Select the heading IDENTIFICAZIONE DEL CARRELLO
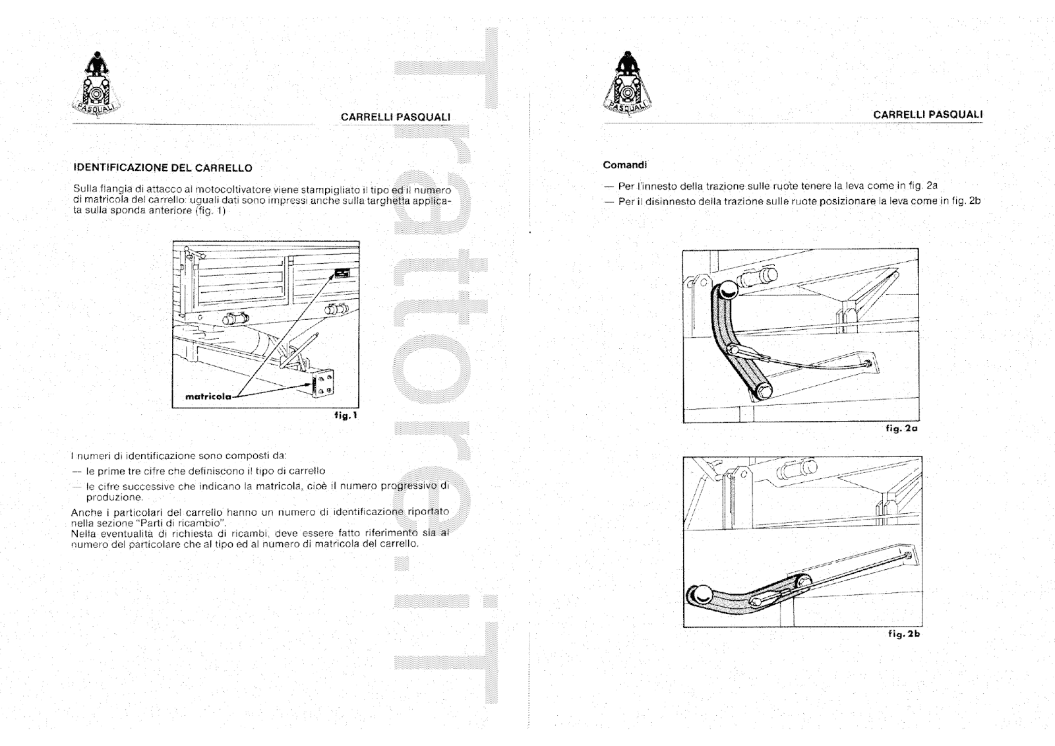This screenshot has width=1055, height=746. click(x=162, y=168)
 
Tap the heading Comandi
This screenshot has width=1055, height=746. click(x=625, y=165)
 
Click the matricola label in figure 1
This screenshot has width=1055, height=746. click(x=208, y=397)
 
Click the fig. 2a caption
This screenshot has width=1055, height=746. click(x=902, y=428)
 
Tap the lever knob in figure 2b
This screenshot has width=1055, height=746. click(x=700, y=594)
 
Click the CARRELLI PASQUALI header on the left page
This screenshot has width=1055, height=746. click(x=396, y=117)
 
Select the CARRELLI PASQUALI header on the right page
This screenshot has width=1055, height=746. click(x=928, y=114)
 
